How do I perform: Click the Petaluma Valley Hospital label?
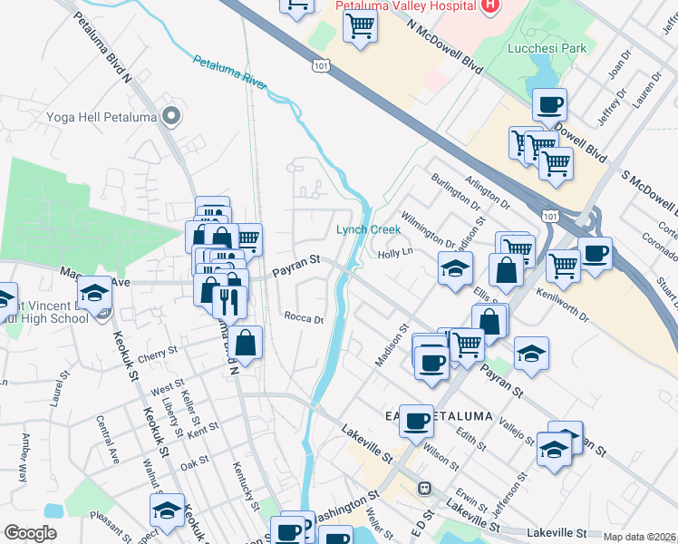(406, 5)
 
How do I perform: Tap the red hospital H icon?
(490, 5)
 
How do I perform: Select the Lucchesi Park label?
(547, 48)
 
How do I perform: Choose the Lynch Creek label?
(368, 229)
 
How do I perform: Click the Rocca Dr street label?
(304, 318)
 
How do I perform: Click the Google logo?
(30, 533)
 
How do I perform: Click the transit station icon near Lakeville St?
(423, 488)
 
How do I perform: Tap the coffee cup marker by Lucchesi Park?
(549, 103)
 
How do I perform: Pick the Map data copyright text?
(639, 537)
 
